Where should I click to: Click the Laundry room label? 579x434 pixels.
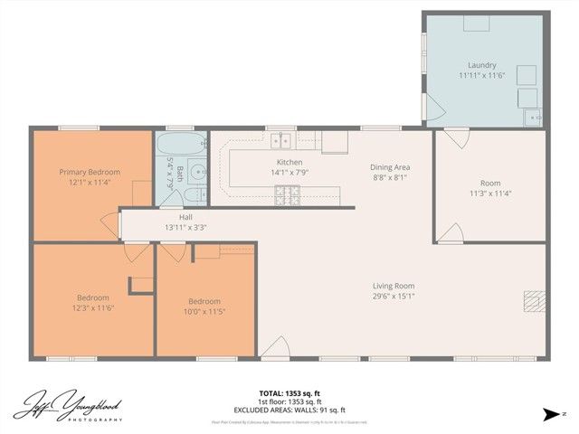coord(481,65)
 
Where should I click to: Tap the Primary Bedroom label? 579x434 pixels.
coord(90,172)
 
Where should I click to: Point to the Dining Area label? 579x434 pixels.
coord(390,167)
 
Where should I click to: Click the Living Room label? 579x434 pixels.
coord(394,287)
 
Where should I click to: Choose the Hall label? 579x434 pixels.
coord(185,217)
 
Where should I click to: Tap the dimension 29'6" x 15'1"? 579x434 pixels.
coord(394,297)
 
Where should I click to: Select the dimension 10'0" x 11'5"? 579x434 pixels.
coord(204,312)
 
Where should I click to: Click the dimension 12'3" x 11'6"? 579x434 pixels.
coord(93,308)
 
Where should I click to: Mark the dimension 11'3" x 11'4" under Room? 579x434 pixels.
coord(490,193)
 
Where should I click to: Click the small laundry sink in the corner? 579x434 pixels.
coord(535,116)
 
